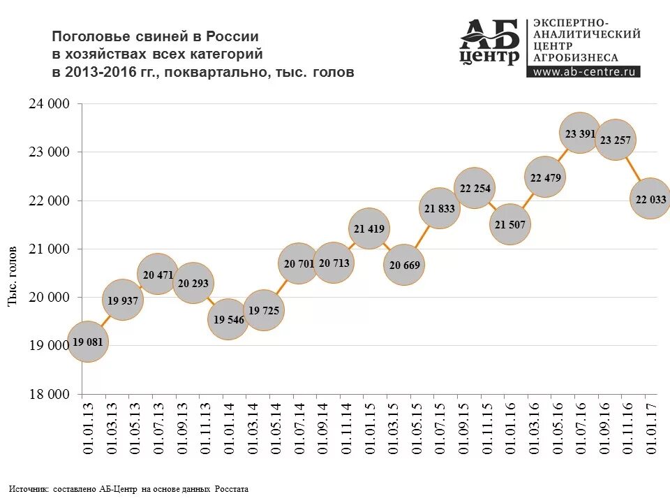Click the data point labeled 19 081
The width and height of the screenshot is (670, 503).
[x=87, y=342]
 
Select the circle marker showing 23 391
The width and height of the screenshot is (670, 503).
[x=579, y=133]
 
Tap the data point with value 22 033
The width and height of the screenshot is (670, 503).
[x=650, y=199]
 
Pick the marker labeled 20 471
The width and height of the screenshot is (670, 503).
[x=158, y=275]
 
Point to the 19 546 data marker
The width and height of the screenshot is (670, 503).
[x=228, y=319]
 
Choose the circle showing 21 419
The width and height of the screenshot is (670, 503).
[x=368, y=228]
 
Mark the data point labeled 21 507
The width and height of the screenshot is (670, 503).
[x=510, y=224]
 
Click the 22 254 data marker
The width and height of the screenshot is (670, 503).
[x=474, y=188]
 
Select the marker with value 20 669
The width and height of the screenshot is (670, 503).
[x=404, y=265]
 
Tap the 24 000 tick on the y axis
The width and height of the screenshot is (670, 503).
[x=50, y=103]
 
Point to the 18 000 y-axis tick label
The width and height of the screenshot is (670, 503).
[x=50, y=394]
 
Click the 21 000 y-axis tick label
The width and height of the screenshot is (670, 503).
[x=50, y=249]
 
